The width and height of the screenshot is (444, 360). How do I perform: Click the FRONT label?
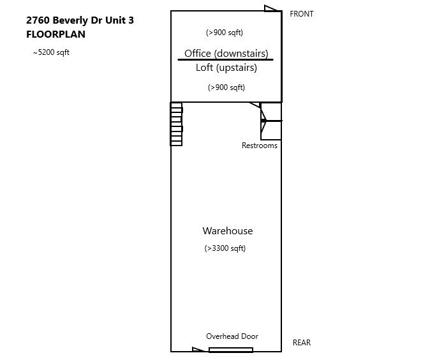tap(302, 14)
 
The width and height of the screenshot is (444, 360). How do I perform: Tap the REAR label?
tap(302, 342)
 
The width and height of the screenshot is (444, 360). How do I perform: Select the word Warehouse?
tap(228, 231)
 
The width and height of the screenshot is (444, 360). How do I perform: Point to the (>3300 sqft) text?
tap(225, 248)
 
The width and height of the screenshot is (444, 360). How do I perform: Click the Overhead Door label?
tap(232, 336)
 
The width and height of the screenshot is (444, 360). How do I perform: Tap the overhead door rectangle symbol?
tap(231, 350)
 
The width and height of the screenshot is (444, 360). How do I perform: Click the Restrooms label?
tap(260, 146)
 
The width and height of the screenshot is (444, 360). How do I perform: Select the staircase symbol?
tap(176, 124)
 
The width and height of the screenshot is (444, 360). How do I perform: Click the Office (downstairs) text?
tap(226, 53)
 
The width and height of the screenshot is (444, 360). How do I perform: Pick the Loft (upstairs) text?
tap(226, 68)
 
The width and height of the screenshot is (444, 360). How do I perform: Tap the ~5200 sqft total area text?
tap(51, 52)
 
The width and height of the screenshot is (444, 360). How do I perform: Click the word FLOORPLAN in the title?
tap(56, 34)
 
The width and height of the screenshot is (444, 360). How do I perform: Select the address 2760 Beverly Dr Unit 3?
tap(80, 20)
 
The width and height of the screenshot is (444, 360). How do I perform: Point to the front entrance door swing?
tap(271, 9)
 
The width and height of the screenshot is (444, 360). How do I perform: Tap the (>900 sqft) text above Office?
tap(225, 33)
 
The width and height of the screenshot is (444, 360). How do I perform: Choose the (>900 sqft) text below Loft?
tap(226, 87)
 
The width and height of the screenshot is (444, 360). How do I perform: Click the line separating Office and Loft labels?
tap(225, 59)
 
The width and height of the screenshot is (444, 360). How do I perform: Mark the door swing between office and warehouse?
tap(255, 105)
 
